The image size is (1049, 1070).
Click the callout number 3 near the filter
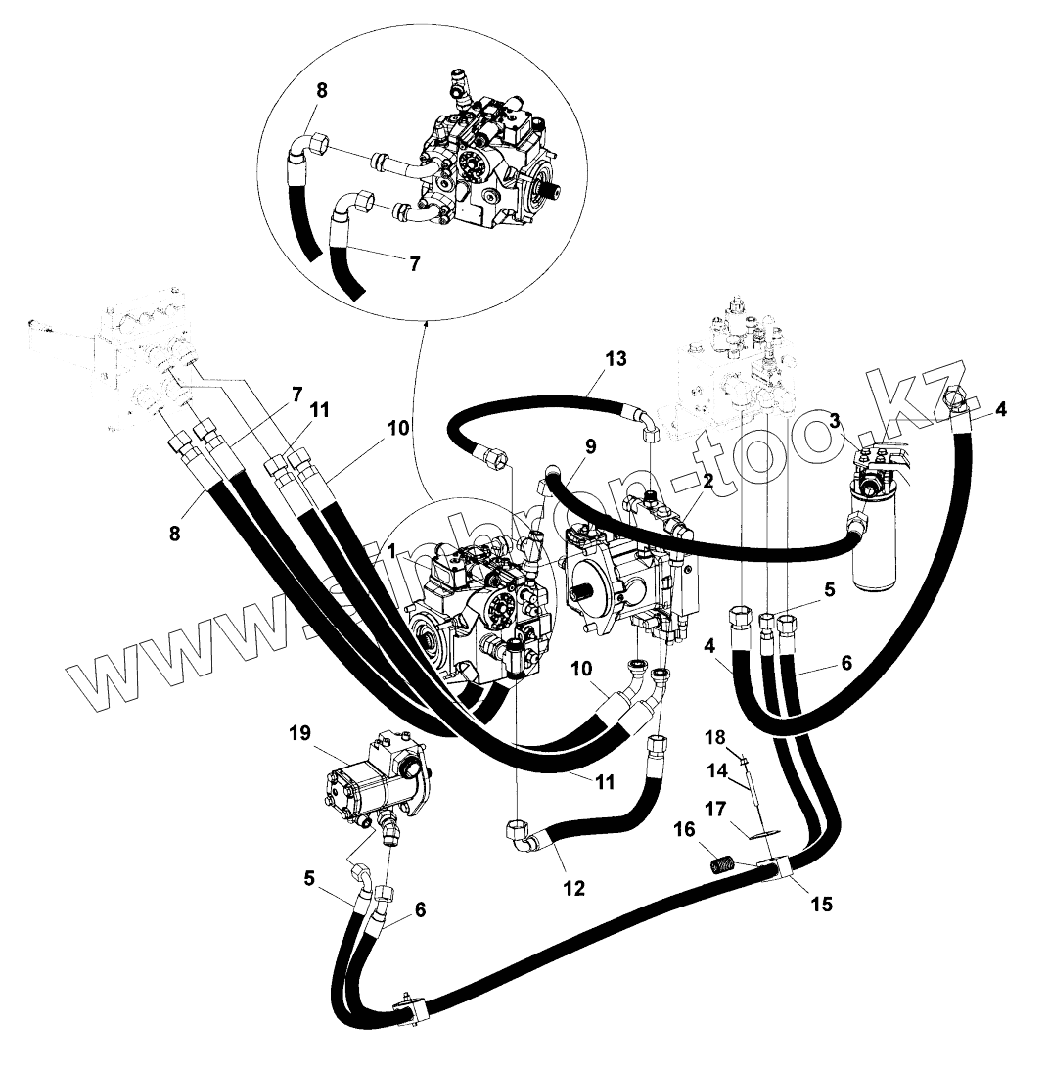(x=834, y=420)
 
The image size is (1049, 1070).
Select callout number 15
(x=821, y=904)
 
